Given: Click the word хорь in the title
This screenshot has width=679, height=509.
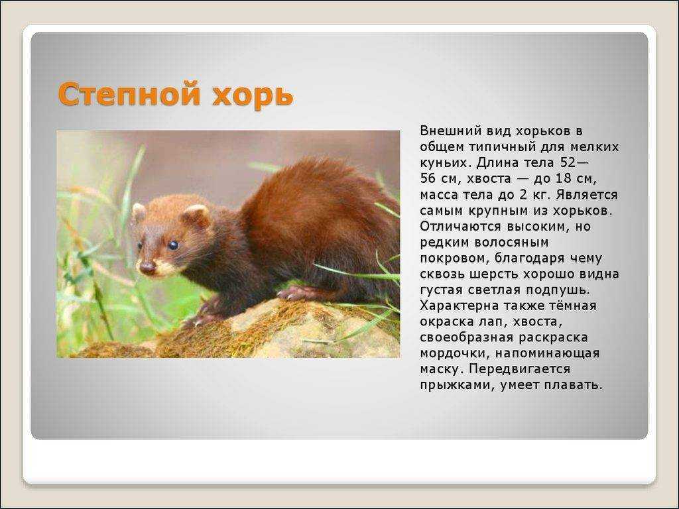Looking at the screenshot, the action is [253, 95].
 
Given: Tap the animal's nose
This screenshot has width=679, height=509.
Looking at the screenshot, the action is [147, 267].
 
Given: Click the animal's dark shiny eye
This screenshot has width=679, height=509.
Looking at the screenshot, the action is [173, 245].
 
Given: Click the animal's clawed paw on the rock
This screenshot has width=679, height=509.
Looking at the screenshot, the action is [294, 293].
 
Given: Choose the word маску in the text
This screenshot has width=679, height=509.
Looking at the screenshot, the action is [442, 370].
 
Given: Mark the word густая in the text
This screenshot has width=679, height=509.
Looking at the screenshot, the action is [441, 290].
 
